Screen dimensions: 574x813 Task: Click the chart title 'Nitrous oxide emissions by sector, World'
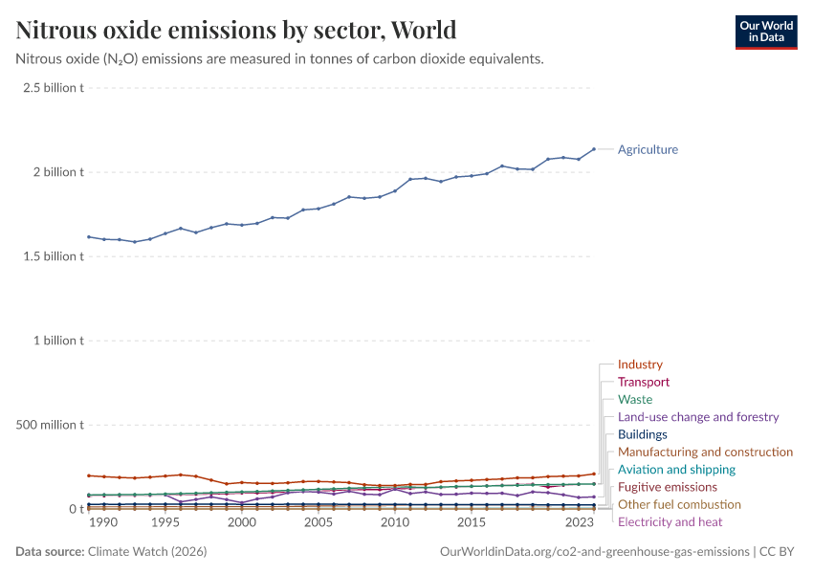point(236,30)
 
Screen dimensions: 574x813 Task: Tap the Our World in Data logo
point(765,32)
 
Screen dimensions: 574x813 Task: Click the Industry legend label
point(640,364)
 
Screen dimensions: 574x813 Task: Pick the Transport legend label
point(644,382)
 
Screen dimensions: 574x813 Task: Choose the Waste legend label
point(635,399)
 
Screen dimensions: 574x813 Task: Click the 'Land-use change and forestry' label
point(698,417)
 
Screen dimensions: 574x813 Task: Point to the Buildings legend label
point(643,434)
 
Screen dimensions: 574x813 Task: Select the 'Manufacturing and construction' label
point(705,452)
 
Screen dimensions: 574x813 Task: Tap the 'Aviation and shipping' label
point(676,470)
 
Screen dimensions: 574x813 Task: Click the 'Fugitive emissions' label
point(668,487)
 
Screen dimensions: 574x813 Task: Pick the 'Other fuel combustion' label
point(679,504)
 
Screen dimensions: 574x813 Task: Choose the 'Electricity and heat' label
point(670,521)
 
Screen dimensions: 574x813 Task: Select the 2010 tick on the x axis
point(394,523)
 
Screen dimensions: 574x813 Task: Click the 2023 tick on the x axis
point(579,523)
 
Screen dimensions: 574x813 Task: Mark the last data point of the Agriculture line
point(594,149)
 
